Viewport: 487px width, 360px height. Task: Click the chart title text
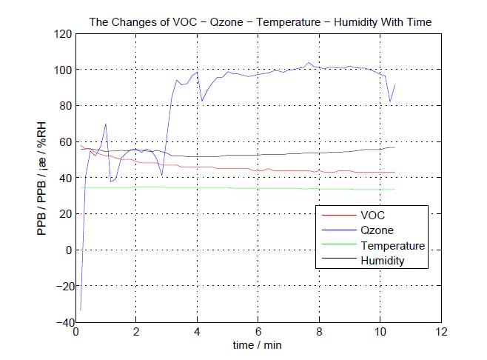pyautogui.click(x=260, y=22)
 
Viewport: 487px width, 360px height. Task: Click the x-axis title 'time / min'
pyautogui.click(x=258, y=346)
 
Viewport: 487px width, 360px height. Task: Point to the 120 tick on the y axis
pyautogui.click(x=63, y=34)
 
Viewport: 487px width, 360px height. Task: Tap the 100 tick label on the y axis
pyautogui.click(x=63, y=70)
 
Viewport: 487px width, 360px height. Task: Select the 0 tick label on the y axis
pyautogui.click(x=67, y=250)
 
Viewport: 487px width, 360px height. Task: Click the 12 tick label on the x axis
pyautogui.click(x=442, y=332)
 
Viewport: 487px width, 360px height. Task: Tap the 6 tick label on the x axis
pyautogui.click(x=258, y=332)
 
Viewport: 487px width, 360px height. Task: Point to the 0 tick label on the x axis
pyautogui.click(x=75, y=332)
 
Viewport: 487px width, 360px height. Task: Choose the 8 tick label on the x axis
pyautogui.click(x=320, y=332)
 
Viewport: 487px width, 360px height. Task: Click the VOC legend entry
pyautogui.click(x=372, y=215)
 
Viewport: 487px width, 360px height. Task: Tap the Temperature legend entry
pyautogui.click(x=392, y=246)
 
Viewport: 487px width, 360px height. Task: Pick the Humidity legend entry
pyautogui.click(x=383, y=261)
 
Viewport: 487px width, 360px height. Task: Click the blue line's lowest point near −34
pyautogui.click(x=80, y=310)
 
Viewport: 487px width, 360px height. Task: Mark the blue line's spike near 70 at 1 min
pyautogui.click(x=106, y=124)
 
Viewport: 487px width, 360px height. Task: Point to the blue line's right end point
pyautogui.click(x=395, y=84)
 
